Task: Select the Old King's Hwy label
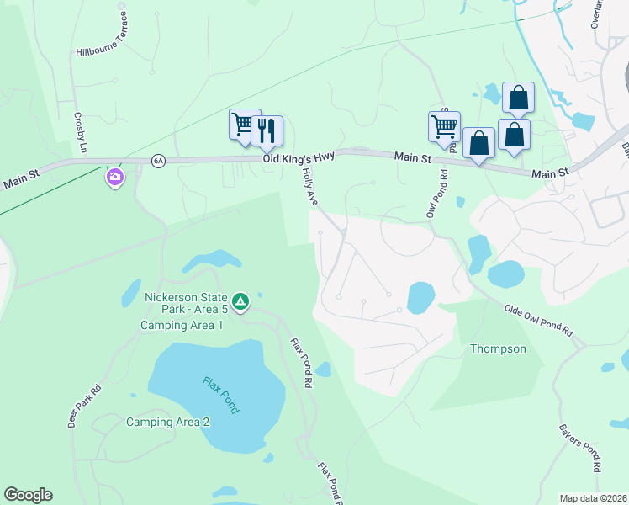tap(299, 157)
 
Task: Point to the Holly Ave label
tap(310, 186)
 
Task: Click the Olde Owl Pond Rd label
tap(538, 321)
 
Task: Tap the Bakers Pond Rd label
tap(581, 447)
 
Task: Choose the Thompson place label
tap(498, 348)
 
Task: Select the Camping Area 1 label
tap(182, 325)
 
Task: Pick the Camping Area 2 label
tap(168, 422)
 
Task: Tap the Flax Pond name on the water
tap(221, 394)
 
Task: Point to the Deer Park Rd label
tap(84, 407)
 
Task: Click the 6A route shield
tap(158, 159)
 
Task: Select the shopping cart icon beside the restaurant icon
tap(244, 125)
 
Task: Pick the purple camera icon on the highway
tap(114, 178)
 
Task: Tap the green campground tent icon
tap(240, 300)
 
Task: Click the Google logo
tap(28, 495)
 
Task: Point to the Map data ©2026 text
tap(594, 498)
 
